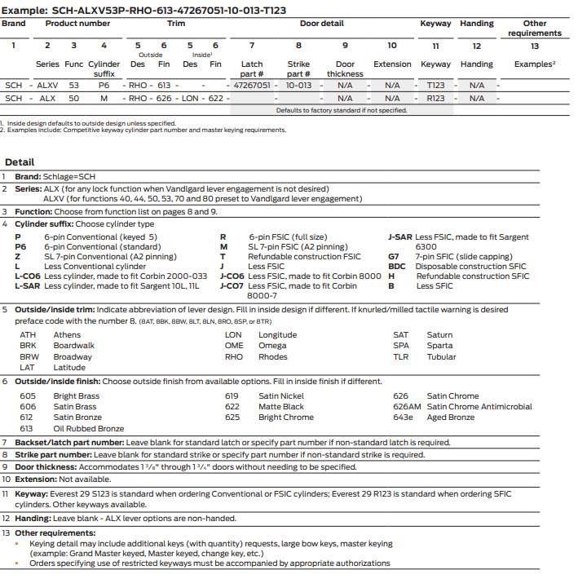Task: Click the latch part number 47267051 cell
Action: (x=251, y=85)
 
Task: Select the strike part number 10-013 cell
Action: (x=298, y=85)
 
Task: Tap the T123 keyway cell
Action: (x=435, y=85)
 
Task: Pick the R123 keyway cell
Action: (x=435, y=98)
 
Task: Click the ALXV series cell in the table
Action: (x=47, y=85)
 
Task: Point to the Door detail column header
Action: (x=321, y=24)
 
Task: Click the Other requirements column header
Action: (x=534, y=29)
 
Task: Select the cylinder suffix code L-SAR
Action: (x=27, y=286)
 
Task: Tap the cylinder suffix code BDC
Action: (x=396, y=267)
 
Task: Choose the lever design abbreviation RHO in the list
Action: (x=234, y=356)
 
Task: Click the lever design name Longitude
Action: (x=277, y=334)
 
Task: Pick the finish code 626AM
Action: (x=407, y=406)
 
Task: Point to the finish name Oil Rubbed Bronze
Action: (x=89, y=428)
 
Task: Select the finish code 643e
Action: (x=403, y=417)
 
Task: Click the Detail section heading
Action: (x=20, y=162)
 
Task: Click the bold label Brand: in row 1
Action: (x=29, y=176)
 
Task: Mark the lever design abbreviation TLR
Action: (x=400, y=356)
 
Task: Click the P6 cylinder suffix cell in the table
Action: (x=104, y=85)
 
